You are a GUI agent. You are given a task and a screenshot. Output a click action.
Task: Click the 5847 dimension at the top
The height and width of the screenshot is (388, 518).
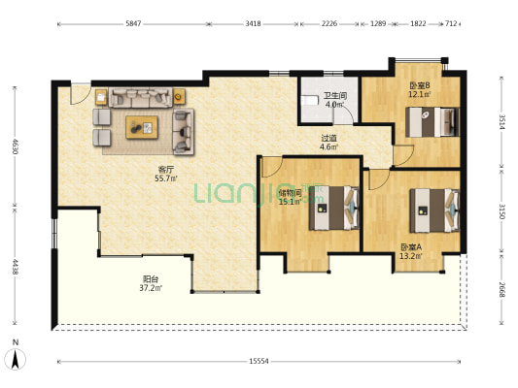pos(133,23)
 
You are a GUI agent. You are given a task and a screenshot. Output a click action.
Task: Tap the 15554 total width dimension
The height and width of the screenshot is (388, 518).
pos(259,361)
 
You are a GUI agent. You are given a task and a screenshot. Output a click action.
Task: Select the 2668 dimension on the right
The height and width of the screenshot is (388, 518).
pos(501,289)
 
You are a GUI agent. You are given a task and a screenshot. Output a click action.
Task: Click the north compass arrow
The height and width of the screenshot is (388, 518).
pos(16,359)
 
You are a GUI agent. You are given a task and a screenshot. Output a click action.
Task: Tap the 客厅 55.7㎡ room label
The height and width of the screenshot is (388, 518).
pos(166,174)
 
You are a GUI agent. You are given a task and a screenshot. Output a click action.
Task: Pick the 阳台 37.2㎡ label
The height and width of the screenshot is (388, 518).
pos(151,283)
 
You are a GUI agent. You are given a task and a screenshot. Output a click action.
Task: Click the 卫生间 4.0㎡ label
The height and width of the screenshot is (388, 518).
pos(334,100)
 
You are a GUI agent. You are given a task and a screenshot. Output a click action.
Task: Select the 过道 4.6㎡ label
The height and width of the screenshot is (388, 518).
pos(328,143)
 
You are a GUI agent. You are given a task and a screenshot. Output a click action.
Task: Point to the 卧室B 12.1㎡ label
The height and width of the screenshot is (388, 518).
pos(420,89)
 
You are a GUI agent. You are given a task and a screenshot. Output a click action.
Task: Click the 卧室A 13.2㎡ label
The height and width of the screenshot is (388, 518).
pos(411,251)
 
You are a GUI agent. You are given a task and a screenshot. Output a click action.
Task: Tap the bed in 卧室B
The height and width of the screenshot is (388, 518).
pos(432,122)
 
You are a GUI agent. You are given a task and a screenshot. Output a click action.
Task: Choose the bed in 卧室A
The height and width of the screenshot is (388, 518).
pos(434,210)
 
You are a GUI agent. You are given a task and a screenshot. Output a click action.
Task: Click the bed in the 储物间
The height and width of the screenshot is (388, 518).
pos(334,208)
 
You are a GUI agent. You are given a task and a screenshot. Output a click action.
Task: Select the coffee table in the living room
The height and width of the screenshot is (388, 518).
pos(142,127)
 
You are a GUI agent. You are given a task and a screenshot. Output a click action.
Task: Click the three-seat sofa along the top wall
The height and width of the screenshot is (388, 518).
pos(141,98)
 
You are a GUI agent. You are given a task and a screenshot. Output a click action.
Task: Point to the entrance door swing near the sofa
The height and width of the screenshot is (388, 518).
pos(81,95)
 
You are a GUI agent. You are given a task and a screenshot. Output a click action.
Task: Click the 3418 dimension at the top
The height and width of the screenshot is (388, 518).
pos(253,23)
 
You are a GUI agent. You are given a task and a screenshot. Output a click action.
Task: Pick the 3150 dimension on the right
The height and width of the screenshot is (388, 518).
pos(501,211)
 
